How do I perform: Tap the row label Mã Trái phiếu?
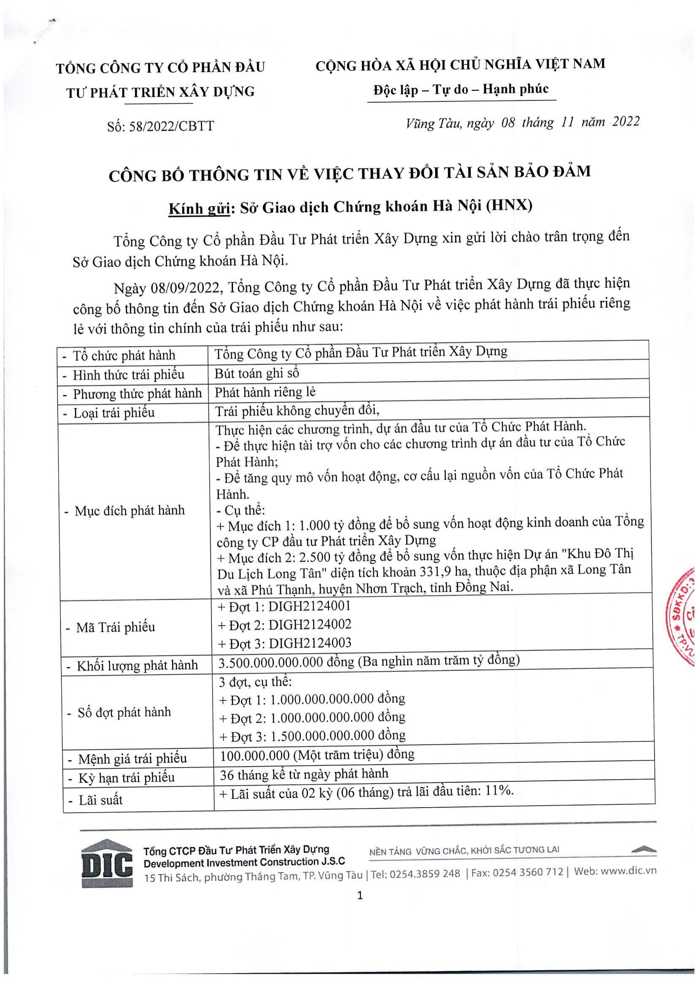click(115, 627)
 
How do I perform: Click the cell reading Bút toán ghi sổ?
click(257, 373)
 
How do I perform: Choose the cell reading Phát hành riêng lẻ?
click(265, 392)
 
